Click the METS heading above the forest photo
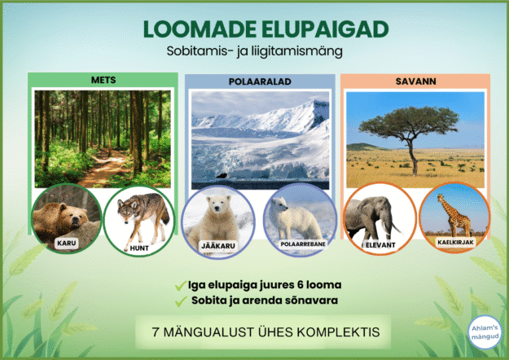102,80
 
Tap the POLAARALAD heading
259,82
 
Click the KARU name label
66,243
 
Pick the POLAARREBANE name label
297,244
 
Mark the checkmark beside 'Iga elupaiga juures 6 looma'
179,285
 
